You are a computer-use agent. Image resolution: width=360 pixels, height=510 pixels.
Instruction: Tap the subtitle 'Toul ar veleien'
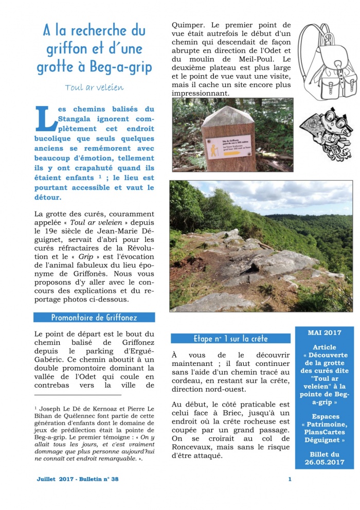[x=94, y=87]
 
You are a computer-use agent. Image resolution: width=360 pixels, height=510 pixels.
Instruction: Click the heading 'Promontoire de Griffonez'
[x=94, y=318]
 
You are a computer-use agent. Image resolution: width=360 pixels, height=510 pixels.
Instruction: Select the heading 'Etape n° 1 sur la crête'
[x=230, y=339]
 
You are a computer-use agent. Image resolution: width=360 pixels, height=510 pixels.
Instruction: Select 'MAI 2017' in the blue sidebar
[x=324, y=333]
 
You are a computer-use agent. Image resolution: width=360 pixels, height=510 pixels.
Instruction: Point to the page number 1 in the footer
[x=290, y=479]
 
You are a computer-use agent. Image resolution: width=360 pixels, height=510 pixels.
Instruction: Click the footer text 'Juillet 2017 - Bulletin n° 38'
[x=78, y=479]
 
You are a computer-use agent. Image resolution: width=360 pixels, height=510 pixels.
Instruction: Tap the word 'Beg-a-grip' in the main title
[x=119, y=67]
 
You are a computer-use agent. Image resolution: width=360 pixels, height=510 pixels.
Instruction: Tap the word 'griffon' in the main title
[x=66, y=50]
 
